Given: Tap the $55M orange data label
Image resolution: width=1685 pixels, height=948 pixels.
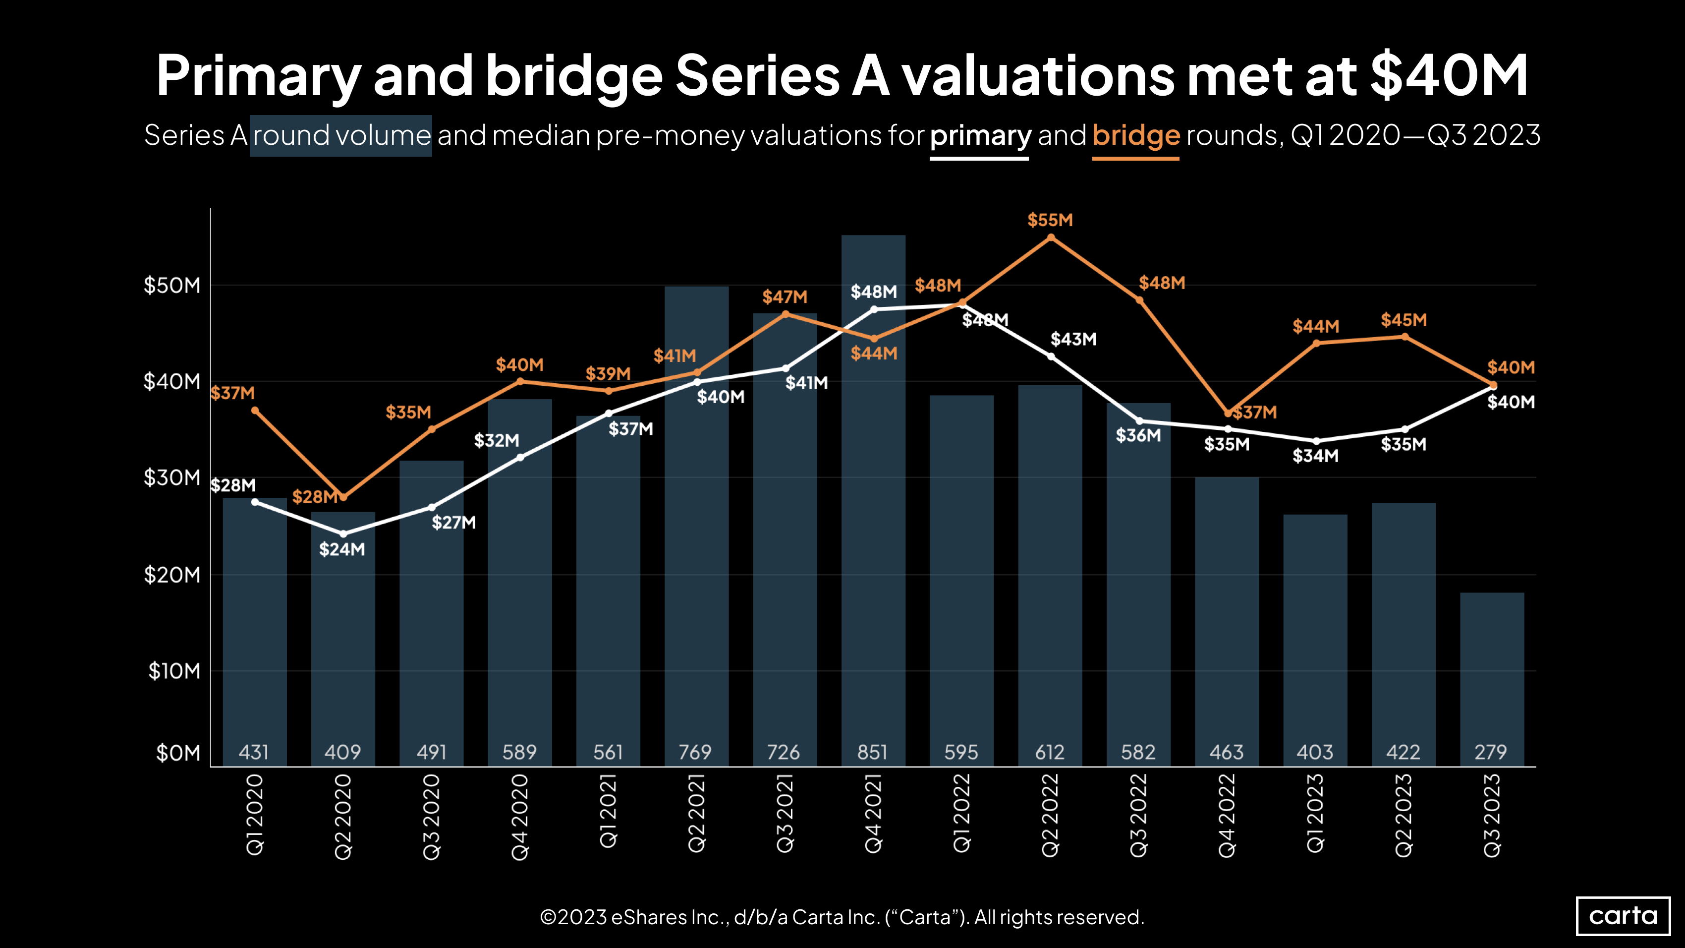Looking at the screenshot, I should pos(1050,220).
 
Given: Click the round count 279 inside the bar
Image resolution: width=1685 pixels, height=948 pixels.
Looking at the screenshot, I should pos(1491,752).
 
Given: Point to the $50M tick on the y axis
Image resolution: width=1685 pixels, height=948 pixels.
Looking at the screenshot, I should pos(172,285).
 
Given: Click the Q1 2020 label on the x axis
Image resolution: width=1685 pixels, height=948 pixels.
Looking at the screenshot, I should pos(254,815).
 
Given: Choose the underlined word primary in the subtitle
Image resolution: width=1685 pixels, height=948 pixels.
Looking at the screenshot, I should pos(980,135).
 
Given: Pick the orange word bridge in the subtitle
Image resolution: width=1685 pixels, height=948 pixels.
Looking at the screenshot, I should pos(1135,135).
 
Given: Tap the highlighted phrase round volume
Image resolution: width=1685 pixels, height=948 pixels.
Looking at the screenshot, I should pos(341,135).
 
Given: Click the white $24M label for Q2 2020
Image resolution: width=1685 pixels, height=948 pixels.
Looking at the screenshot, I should pos(342,549).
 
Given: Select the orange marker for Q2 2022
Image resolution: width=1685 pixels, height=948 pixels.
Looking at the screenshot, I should pos(1051,237).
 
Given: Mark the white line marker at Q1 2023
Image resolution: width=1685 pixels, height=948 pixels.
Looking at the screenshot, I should pos(1316,441).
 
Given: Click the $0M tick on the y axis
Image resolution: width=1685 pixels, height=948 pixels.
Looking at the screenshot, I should pos(178,753).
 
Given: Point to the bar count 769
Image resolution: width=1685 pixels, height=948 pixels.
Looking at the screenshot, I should pos(695,752).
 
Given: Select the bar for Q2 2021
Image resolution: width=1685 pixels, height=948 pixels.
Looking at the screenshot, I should pos(697,524).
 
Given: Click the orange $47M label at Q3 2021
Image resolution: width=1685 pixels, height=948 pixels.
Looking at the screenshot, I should pos(785,297).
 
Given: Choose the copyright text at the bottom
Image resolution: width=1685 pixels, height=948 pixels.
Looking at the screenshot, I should pos(842,917).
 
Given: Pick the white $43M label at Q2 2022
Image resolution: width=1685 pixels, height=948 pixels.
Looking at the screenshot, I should pos(1073,339).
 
